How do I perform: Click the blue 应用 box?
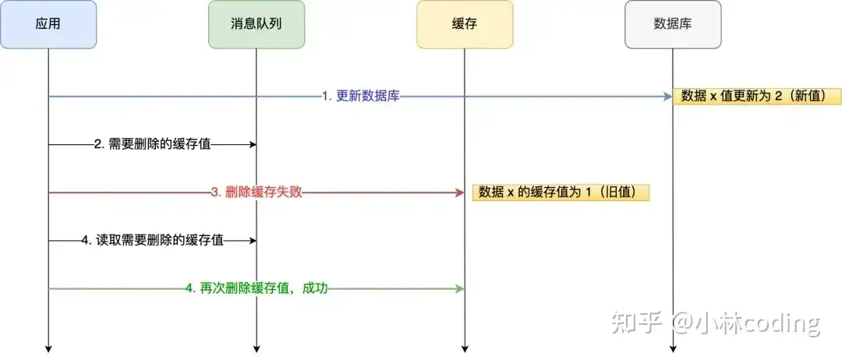tap(48, 25)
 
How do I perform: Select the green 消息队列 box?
tap(256, 25)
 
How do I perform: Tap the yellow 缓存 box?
tap(465, 25)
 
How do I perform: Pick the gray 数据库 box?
tap(673, 25)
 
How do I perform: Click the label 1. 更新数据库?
tap(360, 97)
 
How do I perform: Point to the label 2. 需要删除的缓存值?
tap(152, 144)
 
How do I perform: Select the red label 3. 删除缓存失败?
tap(256, 192)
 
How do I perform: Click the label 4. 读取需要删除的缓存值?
tap(152, 241)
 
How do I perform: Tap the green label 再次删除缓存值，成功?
tap(256, 289)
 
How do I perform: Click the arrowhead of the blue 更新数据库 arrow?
tap(667, 97)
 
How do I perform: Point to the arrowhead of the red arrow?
tap(460, 192)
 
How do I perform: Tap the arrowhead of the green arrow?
tap(460, 289)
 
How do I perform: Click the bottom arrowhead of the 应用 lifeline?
tap(48, 348)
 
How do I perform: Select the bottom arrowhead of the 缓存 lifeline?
tap(465, 348)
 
